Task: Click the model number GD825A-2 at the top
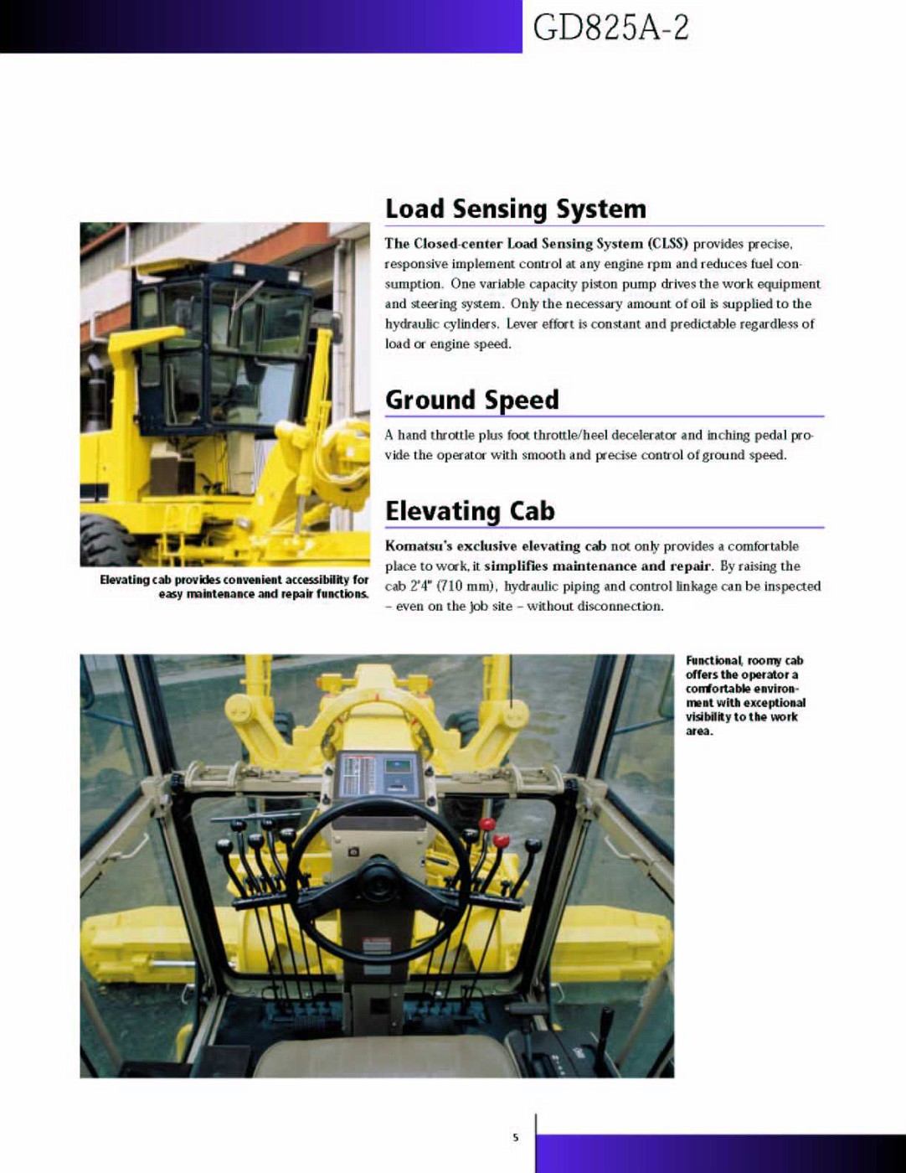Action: point(610,28)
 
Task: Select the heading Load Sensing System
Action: point(515,209)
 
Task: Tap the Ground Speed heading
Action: point(471,400)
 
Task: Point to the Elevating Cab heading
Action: point(469,510)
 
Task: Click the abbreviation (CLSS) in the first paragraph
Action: point(667,244)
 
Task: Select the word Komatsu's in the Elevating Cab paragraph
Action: point(419,546)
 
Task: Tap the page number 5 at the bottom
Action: point(516,1137)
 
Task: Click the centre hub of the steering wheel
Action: point(378,880)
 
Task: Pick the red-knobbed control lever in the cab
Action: point(502,840)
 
